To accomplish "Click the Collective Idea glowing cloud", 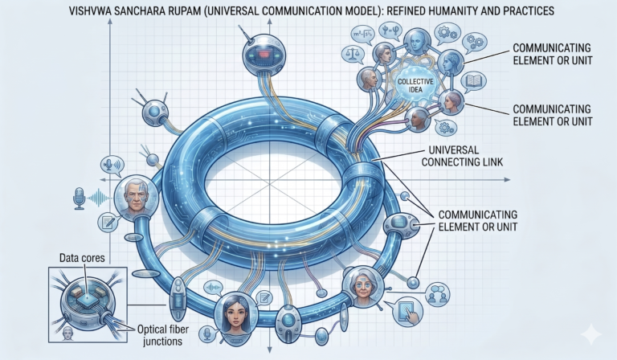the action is point(415,85).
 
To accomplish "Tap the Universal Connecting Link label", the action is point(463,156).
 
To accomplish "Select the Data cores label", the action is point(82,258).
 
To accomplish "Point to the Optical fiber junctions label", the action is point(162,335).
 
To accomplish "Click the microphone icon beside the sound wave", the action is point(80,198).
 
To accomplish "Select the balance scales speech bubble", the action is point(353,54).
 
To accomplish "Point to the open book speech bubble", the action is point(473,81).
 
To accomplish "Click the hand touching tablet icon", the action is point(407,311).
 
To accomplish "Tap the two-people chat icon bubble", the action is point(438,294).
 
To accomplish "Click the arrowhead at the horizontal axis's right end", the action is point(507,180).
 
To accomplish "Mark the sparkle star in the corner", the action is point(591,334).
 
